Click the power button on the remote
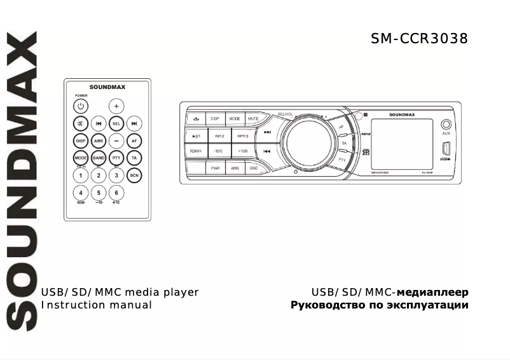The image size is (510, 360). [81, 106]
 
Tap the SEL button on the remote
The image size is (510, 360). [116, 123]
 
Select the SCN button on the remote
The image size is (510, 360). [134, 174]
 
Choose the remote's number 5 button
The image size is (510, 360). [99, 192]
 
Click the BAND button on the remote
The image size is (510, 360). [99, 157]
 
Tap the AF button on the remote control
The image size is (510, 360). [134, 141]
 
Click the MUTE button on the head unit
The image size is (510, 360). [253, 118]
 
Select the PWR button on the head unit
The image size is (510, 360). [216, 168]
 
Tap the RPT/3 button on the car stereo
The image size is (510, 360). [242, 135]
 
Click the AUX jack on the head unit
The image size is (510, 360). [446, 125]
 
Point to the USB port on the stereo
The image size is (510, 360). [446, 150]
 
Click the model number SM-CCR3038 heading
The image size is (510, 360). [419, 39]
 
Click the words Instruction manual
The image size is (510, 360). [97, 305]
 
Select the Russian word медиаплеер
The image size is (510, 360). [432, 293]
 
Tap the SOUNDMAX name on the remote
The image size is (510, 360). [107, 89]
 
